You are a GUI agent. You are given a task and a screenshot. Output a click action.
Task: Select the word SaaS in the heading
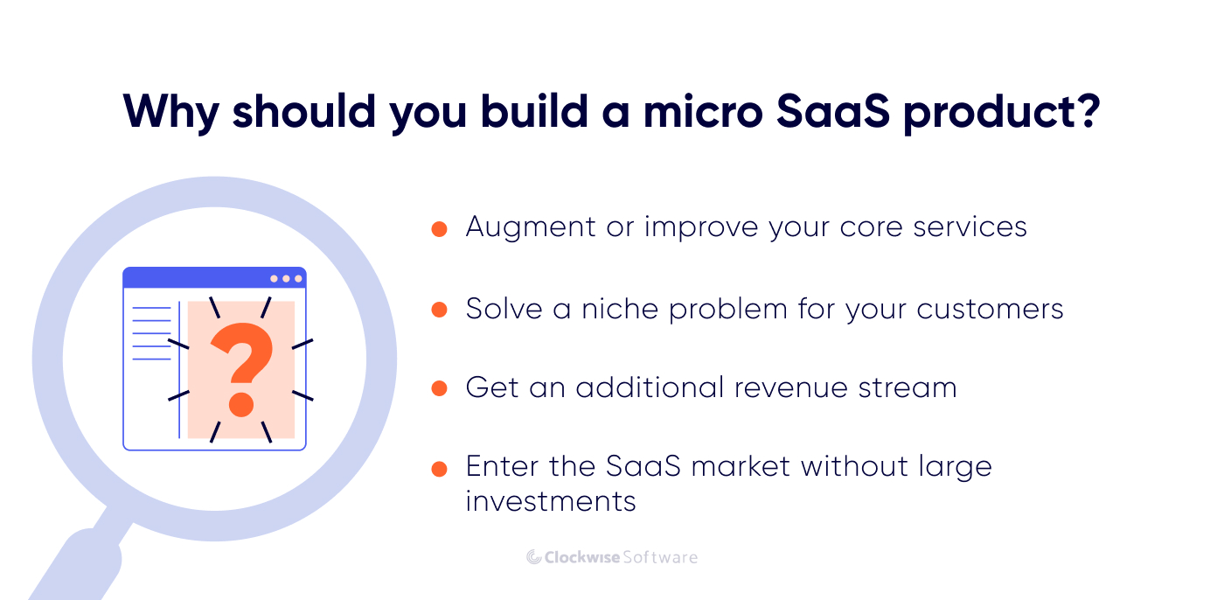[x=842, y=111]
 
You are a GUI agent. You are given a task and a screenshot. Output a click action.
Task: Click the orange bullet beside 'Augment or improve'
[x=440, y=229]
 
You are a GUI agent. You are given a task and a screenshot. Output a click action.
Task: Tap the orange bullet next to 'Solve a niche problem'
[x=440, y=310]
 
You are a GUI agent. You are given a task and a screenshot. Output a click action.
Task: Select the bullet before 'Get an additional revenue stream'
[x=440, y=388]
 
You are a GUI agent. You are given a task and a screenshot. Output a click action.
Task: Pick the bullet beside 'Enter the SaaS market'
[x=440, y=469]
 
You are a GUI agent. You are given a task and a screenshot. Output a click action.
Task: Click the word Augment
[x=530, y=227]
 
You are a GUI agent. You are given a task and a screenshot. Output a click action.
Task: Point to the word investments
[x=551, y=501]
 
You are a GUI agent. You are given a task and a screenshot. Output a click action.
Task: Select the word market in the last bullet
[x=741, y=466]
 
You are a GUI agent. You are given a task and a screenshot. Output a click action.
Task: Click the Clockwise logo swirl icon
[x=534, y=557]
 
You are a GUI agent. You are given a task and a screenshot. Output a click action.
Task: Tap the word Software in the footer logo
[x=659, y=557]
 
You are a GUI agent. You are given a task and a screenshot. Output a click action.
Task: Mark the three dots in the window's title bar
[x=286, y=278]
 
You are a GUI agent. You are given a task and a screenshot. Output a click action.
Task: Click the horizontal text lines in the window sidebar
[x=151, y=333]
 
